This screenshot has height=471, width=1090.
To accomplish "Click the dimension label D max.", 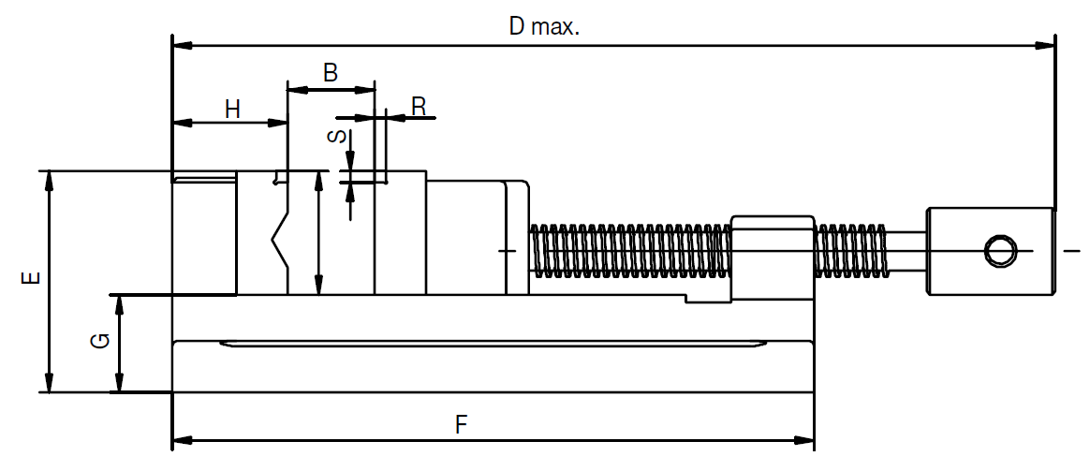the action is tap(544, 26).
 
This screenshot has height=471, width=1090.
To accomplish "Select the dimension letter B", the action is tap(331, 72).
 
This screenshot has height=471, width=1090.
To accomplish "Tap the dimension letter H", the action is tap(233, 109).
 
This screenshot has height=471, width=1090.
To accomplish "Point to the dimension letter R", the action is tap(419, 107).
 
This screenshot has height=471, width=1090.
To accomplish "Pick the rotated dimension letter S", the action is tap(336, 136).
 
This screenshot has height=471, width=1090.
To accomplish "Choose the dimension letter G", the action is tap(101, 341).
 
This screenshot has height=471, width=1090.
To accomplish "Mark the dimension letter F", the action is tap(462, 424).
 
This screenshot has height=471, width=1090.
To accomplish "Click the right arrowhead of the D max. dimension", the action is tap(1045, 46).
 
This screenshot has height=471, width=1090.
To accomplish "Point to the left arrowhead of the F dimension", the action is tap(183, 440).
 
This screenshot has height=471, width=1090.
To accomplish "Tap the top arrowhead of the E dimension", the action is tap(49, 182).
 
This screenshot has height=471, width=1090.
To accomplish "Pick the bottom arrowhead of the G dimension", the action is tap(120, 382).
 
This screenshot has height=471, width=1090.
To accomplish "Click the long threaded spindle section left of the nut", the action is tap(630, 250).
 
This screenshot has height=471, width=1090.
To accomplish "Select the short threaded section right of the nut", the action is tap(851, 250).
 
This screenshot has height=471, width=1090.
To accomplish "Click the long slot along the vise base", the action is tap(493, 344).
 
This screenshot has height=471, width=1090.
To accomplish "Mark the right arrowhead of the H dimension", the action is tap(277, 123).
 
